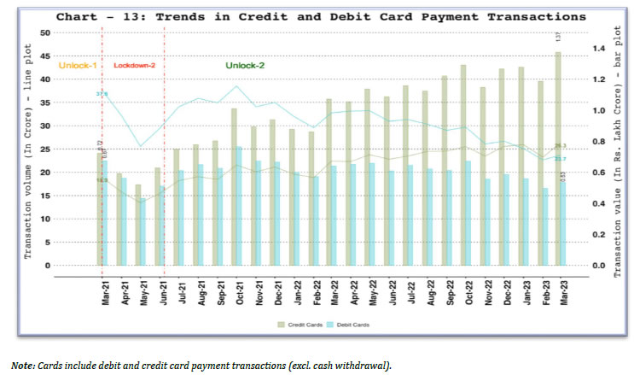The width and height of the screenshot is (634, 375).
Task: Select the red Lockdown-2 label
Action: (132, 66)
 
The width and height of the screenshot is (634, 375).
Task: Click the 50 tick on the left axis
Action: (46, 32)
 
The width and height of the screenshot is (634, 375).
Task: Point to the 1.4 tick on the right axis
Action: (587, 48)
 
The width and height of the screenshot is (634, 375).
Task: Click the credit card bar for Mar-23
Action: (557, 158)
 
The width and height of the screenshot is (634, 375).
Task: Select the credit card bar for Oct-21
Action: (234, 186)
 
